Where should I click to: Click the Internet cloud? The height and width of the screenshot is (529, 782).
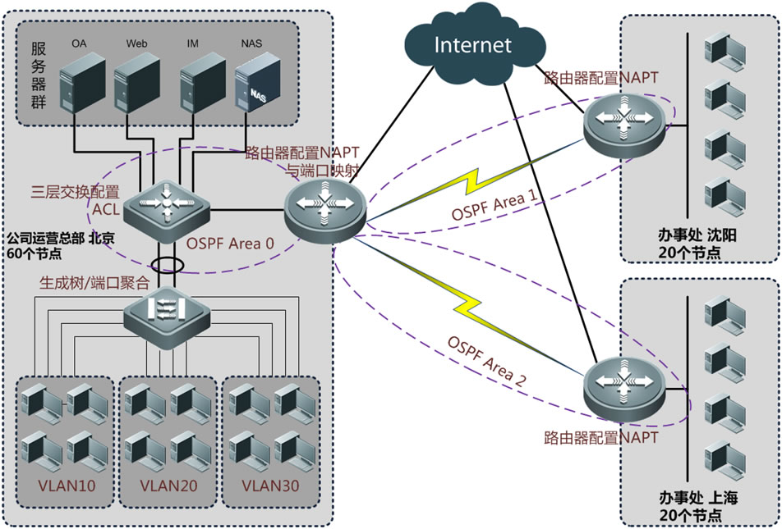point(472,46)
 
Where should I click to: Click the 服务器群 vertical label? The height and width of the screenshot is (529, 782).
point(38,75)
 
